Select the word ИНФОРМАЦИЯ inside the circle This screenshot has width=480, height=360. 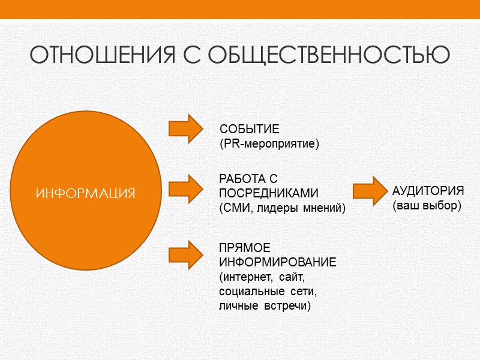85,194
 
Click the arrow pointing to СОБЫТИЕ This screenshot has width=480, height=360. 188,128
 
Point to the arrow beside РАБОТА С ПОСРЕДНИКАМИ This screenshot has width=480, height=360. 188,188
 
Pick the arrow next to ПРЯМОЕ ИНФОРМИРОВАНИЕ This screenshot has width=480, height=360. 188,254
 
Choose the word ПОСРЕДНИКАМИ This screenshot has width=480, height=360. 268,194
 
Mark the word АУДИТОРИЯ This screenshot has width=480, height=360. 428,191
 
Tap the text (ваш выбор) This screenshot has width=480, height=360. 426,206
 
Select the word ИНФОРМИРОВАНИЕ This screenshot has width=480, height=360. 277,263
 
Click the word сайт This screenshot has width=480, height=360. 292,277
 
